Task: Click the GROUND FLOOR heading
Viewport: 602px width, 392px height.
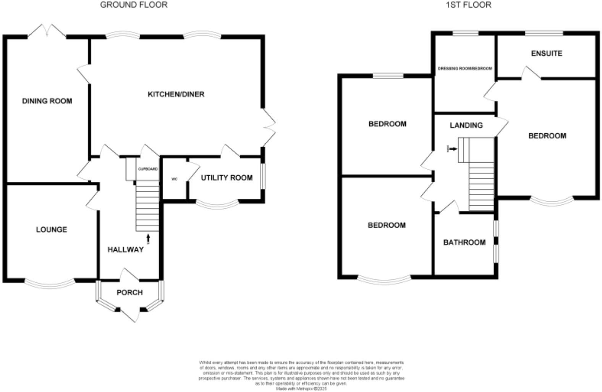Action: [x=134, y=5]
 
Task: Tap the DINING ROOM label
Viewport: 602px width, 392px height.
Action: [x=47, y=101]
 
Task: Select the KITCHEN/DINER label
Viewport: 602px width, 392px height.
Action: [x=176, y=94]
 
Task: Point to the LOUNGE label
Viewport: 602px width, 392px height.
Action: [x=52, y=230]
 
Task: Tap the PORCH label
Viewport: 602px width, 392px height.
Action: [x=129, y=293]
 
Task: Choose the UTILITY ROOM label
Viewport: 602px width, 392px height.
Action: [x=227, y=178]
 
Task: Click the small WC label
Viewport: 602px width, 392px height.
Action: [x=175, y=179]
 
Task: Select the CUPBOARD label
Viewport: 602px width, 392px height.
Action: [x=148, y=169]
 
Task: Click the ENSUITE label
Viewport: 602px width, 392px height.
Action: [x=547, y=53]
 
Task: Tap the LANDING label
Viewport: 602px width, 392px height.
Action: [x=466, y=125]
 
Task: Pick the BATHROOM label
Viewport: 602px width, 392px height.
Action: [x=464, y=243]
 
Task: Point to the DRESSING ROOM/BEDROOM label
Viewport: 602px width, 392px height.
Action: [x=464, y=69]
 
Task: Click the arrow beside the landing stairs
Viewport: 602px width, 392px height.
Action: [x=453, y=149]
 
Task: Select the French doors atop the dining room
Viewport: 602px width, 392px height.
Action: [x=47, y=31]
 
